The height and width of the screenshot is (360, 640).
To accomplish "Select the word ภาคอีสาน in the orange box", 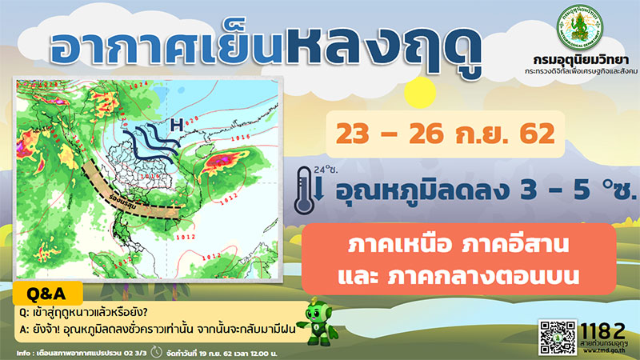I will pyautogui.click(x=503, y=242).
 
